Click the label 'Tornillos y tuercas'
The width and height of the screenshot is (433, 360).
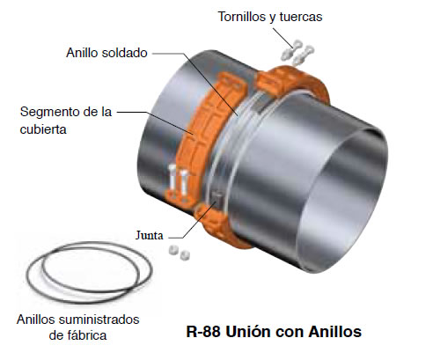pos(270,17)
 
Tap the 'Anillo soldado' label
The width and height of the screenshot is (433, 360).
pos(106,53)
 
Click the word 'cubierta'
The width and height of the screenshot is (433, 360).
pos(43,129)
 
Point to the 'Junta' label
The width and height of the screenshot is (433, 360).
pos(149,235)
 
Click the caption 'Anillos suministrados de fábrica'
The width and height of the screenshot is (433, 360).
pos(77,327)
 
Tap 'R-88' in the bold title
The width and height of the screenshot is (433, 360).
pos(203,332)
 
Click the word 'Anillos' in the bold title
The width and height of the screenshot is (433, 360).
pos(334,332)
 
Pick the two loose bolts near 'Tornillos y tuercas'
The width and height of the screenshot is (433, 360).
pos(297,53)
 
